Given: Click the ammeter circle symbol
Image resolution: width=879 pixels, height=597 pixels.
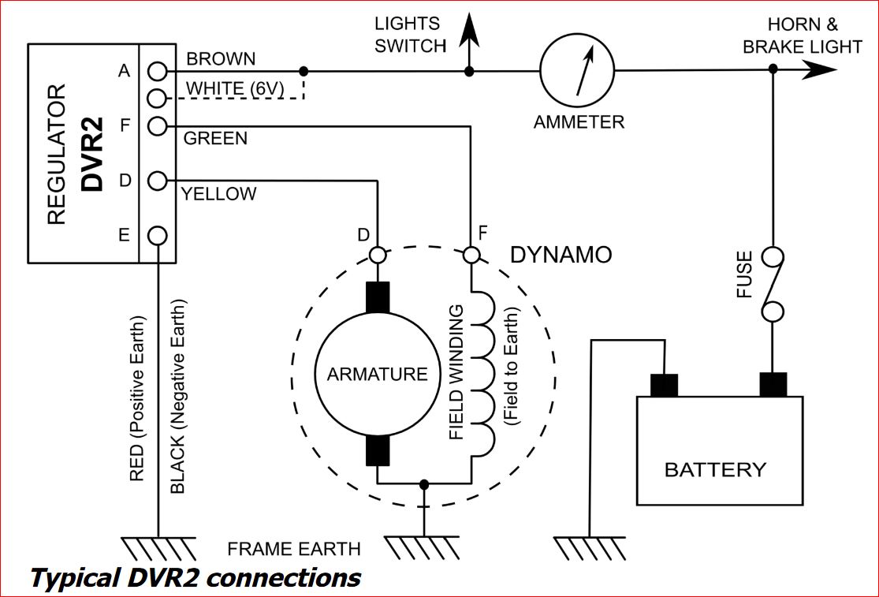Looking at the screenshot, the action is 577,71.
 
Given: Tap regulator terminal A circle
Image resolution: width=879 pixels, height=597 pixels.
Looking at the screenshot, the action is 158,71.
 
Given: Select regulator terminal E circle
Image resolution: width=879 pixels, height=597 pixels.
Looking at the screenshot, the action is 158,236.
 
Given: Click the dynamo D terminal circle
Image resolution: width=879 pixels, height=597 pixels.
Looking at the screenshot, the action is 378,255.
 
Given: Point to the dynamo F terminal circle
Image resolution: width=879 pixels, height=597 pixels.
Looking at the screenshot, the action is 471,255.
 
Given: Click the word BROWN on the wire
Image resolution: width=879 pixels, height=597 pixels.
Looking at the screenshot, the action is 221,59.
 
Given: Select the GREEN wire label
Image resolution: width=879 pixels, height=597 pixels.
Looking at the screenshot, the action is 215,139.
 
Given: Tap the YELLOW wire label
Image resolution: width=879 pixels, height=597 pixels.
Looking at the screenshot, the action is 218,194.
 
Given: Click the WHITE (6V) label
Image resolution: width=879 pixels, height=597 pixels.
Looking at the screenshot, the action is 235,88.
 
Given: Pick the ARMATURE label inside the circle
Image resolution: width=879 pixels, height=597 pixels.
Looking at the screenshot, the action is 378,374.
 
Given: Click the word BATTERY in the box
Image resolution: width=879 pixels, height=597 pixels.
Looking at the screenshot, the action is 715,469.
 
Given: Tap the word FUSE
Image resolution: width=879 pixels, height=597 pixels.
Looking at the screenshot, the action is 744,274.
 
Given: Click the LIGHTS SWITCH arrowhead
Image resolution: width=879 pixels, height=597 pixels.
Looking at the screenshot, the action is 469,30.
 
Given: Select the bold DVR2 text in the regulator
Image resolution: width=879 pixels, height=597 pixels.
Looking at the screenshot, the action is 92,154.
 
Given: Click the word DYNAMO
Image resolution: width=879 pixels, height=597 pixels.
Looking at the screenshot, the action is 561,255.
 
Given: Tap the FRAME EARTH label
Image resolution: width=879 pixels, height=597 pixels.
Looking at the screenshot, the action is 294,549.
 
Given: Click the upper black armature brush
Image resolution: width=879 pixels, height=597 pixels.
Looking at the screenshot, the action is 378,297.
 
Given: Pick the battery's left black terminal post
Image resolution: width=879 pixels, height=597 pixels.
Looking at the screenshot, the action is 664,385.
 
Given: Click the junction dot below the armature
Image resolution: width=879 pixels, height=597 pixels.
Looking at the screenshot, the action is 424,483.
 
